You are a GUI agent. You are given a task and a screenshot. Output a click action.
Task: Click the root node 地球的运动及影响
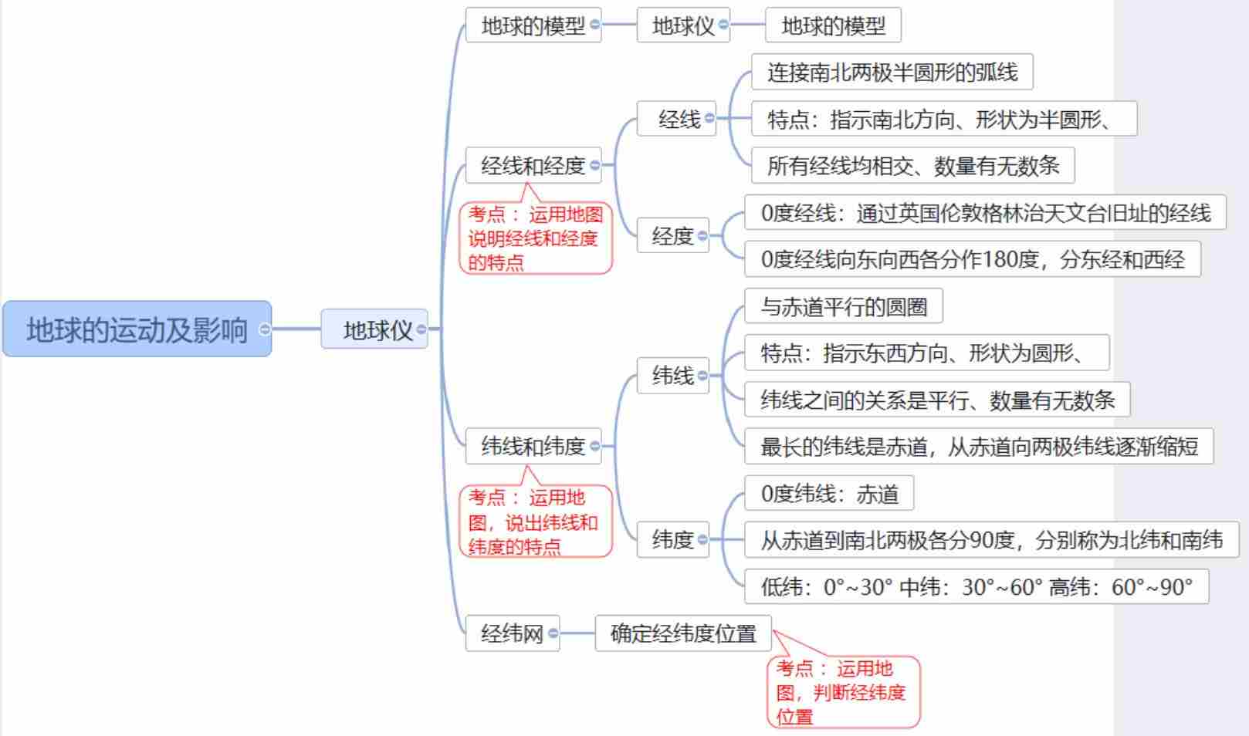tap(137, 329)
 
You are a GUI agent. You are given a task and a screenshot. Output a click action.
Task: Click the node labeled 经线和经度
tap(532, 165)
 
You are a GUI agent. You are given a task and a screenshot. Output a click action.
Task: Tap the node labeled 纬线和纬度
tap(532, 446)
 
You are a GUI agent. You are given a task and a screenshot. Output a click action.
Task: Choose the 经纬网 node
tap(511, 633)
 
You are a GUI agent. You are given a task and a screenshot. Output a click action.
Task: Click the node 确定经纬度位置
tap(682, 633)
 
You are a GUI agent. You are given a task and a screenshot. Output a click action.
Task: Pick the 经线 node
tap(678, 119)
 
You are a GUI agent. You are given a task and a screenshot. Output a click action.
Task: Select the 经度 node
tap(672, 236)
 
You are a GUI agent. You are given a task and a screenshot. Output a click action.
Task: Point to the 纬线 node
tap(672, 376)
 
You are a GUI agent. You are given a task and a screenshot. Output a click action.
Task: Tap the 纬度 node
tap(672, 539)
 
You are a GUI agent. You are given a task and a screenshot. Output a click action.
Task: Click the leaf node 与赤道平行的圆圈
tap(843, 306)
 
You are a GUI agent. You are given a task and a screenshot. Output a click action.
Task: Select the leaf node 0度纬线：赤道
tap(829, 493)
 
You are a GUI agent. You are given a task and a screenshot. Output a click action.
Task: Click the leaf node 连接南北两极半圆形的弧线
tap(892, 72)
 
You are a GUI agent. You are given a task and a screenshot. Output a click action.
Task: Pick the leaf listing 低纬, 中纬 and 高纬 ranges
tap(976, 587)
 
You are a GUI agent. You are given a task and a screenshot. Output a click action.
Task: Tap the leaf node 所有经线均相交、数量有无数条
tap(912, 165)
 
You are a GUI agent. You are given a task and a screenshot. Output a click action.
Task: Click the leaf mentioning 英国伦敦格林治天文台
tap(985, 213)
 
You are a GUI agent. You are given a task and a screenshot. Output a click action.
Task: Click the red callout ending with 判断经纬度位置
tap(843, 692)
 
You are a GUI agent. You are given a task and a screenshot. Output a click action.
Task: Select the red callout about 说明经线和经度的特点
tap(535, 238)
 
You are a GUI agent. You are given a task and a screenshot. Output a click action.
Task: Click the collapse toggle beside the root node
tap(265, 329)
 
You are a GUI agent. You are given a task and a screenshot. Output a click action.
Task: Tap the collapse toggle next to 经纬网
tap(553, 633)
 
